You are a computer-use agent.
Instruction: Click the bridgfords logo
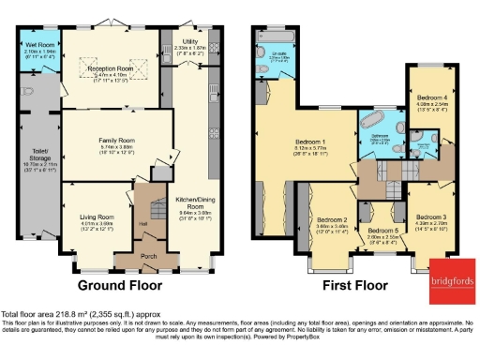click(451, 282)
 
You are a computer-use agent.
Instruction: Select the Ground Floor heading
click(116, 284)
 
